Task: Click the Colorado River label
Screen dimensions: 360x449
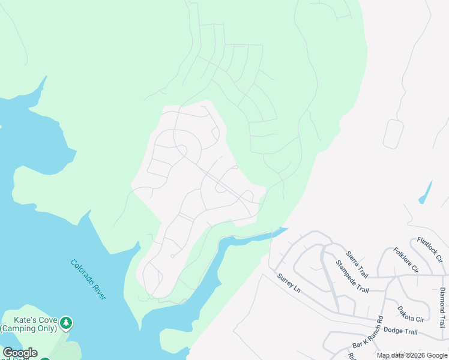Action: tap(88, 280)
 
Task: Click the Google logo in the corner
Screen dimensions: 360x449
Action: tap(19, 353)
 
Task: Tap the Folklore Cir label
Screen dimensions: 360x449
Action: tap(405, 260)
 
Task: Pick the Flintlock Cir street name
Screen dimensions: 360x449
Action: tap(429, 250)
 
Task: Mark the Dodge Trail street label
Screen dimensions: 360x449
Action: tap(400, 331)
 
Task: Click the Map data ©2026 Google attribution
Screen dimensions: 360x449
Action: tap(412, 355)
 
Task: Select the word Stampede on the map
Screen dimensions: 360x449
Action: tap(346, 269)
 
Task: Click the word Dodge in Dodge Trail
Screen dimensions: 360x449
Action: tap(391, 331)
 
